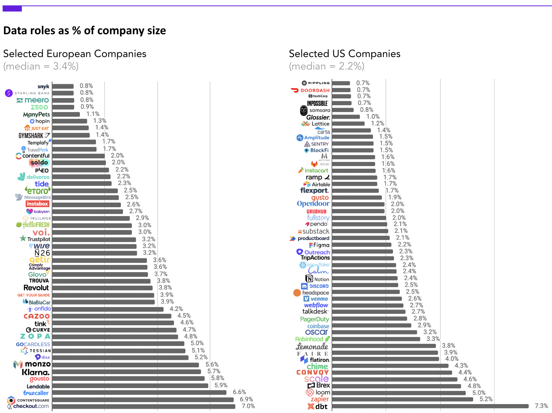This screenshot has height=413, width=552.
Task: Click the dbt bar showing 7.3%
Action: pos(430,406)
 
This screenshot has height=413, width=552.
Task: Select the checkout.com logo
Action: pos(29,406)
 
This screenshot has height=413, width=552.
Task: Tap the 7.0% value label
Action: pos(248,406)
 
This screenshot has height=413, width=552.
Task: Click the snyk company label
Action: pos(44,86)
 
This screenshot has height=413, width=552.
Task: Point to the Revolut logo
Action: pos(36,288)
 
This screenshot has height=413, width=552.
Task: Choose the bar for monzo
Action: pos(126,365)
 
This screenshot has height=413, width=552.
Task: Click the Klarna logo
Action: pos(36,372)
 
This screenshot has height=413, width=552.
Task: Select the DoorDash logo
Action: pos(311,90)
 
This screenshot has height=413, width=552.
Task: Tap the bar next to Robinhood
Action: pos(376,339)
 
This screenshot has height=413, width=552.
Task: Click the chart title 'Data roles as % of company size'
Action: pos(85,31)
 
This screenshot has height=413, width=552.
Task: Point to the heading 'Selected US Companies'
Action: pos(344,54)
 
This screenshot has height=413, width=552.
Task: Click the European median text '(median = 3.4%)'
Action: pos(41,66)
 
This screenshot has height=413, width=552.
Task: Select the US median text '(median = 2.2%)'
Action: pos(327,66)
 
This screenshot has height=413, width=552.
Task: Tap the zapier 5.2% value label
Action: pos(486,399)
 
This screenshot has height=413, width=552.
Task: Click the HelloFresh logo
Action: pos(33,225)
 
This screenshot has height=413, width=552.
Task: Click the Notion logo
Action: pos(317,279)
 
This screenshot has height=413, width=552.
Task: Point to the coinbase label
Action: pos(318,326)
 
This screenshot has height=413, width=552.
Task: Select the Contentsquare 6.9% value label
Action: pos(246,399)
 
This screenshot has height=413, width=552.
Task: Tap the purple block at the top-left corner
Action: pos(12,9)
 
